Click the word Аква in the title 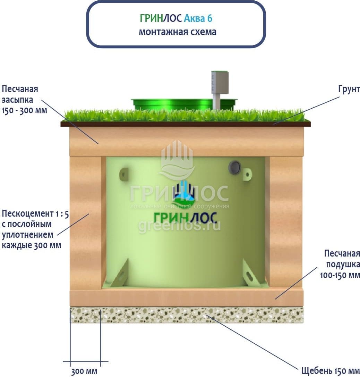point(194,18)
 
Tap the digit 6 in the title point(210,18)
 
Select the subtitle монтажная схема point(178,32)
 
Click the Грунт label point(349,89)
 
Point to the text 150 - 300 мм point(24,111)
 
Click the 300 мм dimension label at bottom point(84,371)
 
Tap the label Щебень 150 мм point(331,370)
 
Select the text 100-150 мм point(340,275)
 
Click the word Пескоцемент point(28,213)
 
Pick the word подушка point(343,265)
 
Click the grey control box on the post point(220,83)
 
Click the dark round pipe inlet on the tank point(235,167)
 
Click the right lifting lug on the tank point(247,174)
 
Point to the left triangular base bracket point(120,274)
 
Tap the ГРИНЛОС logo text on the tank point(185,218)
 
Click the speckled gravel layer point(187,315)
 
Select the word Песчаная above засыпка point(20,89)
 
